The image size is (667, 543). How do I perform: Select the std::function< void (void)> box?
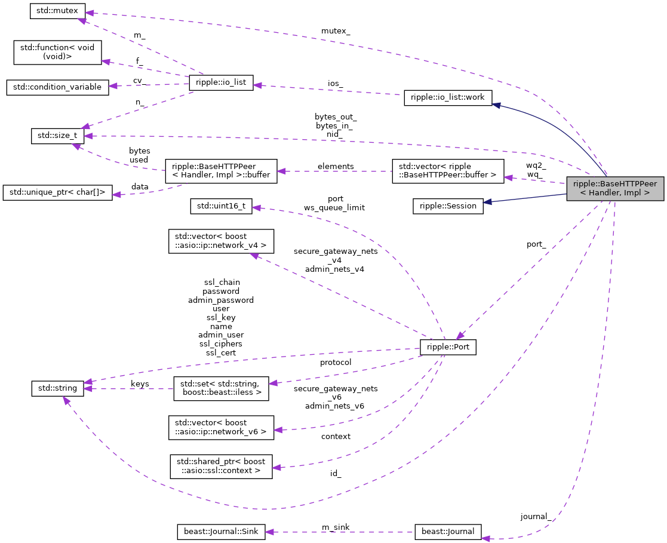(x=57, y=53)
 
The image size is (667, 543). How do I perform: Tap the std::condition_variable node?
(x=57, y=87)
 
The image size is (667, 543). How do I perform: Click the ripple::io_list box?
(x=221, y=83)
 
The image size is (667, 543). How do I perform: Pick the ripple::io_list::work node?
(x=447, y=98)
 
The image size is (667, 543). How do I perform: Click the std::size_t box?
(x=57, y=136)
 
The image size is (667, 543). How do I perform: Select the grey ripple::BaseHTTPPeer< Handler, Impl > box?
(x=614, y=188)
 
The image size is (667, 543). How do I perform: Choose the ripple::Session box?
(x=448, y=206)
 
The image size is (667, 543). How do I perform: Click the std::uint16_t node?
(x=221, y=207)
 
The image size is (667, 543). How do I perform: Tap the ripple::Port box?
(x=448, y=347)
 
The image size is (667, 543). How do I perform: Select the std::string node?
(x=57, y=388)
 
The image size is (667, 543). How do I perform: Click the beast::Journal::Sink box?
(x=221, y=532)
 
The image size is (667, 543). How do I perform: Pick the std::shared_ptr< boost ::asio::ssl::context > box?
(x=221, y=466)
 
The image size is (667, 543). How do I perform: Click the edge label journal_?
(x=535, y=516)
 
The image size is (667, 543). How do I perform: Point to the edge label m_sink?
(x=336, y=526)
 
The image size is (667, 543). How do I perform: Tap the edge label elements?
(x=336, y=166)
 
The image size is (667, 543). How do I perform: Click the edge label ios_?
(x=335, y=84)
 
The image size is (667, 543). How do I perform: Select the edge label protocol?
(x=336, y=362)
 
